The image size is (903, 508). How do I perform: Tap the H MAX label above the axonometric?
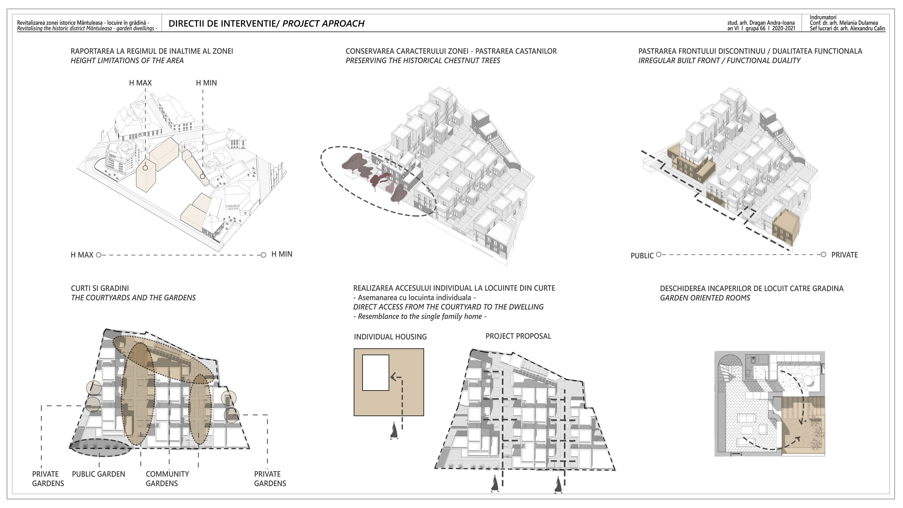tap(140, 83)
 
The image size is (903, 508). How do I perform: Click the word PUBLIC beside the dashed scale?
tap(642, 256)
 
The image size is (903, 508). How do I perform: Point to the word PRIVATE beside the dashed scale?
tap(844, 255)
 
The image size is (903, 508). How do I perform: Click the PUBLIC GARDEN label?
tap(99, 474)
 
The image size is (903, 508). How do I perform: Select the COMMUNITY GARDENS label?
tap(167, 478)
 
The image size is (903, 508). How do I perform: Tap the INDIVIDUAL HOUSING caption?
tap(390, 337)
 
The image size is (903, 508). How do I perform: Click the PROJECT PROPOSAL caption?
tap(518, 336)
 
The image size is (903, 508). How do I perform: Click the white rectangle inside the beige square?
tap(375, 373)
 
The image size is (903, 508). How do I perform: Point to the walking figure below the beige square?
tap(394, 431)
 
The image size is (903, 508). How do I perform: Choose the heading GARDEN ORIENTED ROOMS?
tap(705, 298)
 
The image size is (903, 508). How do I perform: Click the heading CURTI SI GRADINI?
tap(100, 288)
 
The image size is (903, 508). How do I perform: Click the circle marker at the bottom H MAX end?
tap(99, 255)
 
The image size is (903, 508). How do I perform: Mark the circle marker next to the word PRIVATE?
tap(823, 254)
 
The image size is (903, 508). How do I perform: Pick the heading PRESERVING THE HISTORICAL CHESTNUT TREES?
tap(423, 60)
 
